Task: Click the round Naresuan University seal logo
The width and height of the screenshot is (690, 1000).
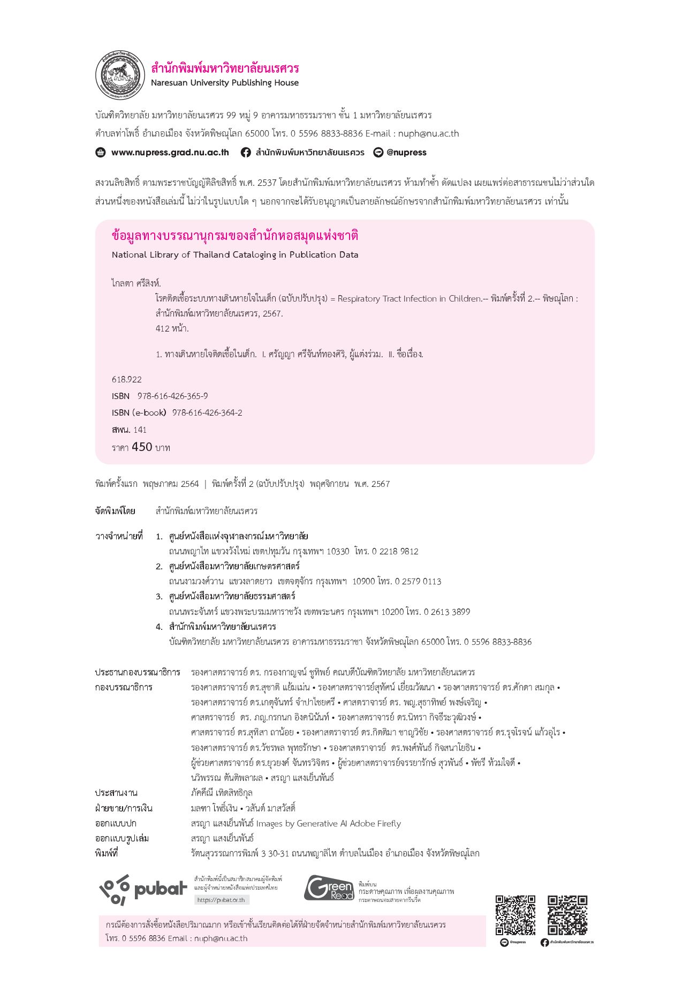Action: tap(120, 75)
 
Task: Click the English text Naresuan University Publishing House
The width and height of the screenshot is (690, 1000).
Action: tap(224, 83)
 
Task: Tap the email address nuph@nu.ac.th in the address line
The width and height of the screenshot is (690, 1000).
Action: tap(428, 134)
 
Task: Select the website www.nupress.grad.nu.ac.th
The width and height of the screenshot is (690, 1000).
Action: tap(170, 153)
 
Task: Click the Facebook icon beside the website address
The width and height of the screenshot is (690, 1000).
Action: tap(246, 153)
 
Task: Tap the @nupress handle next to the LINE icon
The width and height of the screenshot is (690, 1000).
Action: tap(406, 153)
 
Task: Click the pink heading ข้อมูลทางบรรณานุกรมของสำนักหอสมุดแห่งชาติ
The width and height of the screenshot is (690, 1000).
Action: tap(235, 236)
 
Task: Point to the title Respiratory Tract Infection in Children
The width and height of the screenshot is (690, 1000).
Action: tap(410, 299)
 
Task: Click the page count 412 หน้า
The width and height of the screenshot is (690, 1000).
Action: tap(172, 328)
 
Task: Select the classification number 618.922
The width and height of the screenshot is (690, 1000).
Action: tap(127, 380)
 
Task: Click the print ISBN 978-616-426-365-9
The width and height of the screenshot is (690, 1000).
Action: tap(172, 396)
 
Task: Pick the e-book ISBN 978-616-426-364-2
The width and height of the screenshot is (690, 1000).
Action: tap(207, 413)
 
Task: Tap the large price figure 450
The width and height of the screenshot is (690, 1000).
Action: tap(142, 447)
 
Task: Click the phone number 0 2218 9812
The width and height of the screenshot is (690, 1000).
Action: tap(395, 552)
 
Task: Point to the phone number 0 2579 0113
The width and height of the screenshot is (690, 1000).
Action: tap(418, 582)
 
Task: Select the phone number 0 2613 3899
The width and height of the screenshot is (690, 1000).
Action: tap(447, 612)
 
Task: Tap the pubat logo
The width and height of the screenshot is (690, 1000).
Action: tap(143, 890)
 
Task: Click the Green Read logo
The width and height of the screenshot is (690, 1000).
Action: tap(329, 888)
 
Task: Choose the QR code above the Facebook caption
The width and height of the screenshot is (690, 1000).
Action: tap(567, 915)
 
